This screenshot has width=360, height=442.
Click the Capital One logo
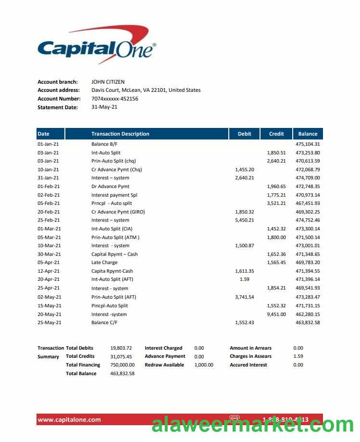[x=96, y=46]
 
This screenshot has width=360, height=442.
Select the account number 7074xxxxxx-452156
[x=114, y=99]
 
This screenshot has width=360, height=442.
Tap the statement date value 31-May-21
[x=104, y=107]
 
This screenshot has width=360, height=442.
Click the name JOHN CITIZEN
[x=108, y=82]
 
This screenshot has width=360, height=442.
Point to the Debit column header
[x=244, y=134]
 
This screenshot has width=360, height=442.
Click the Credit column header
[x=276, y=134]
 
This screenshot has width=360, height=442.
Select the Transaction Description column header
[x=120, y=134]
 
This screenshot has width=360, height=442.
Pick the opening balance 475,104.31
[x=308, y=144]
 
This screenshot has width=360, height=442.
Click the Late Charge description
[x=104, y=263]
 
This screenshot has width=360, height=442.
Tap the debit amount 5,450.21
[x=245, y=220]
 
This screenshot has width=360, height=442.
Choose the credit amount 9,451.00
[x=276, y=314]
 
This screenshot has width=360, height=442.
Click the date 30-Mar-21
[x=49, y=254]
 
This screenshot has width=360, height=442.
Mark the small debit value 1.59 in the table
[x=245, y=279]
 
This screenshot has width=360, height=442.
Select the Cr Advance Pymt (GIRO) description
[x=118, y=212]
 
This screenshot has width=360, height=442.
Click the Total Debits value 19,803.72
[x=121, y=348]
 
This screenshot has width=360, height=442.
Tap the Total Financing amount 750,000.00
[x=122, y=365]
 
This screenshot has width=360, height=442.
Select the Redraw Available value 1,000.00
[x=204, y=365]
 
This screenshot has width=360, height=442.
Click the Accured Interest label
[x=248, y=365]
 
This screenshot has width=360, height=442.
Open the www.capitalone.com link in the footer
[x=69, y=419]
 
